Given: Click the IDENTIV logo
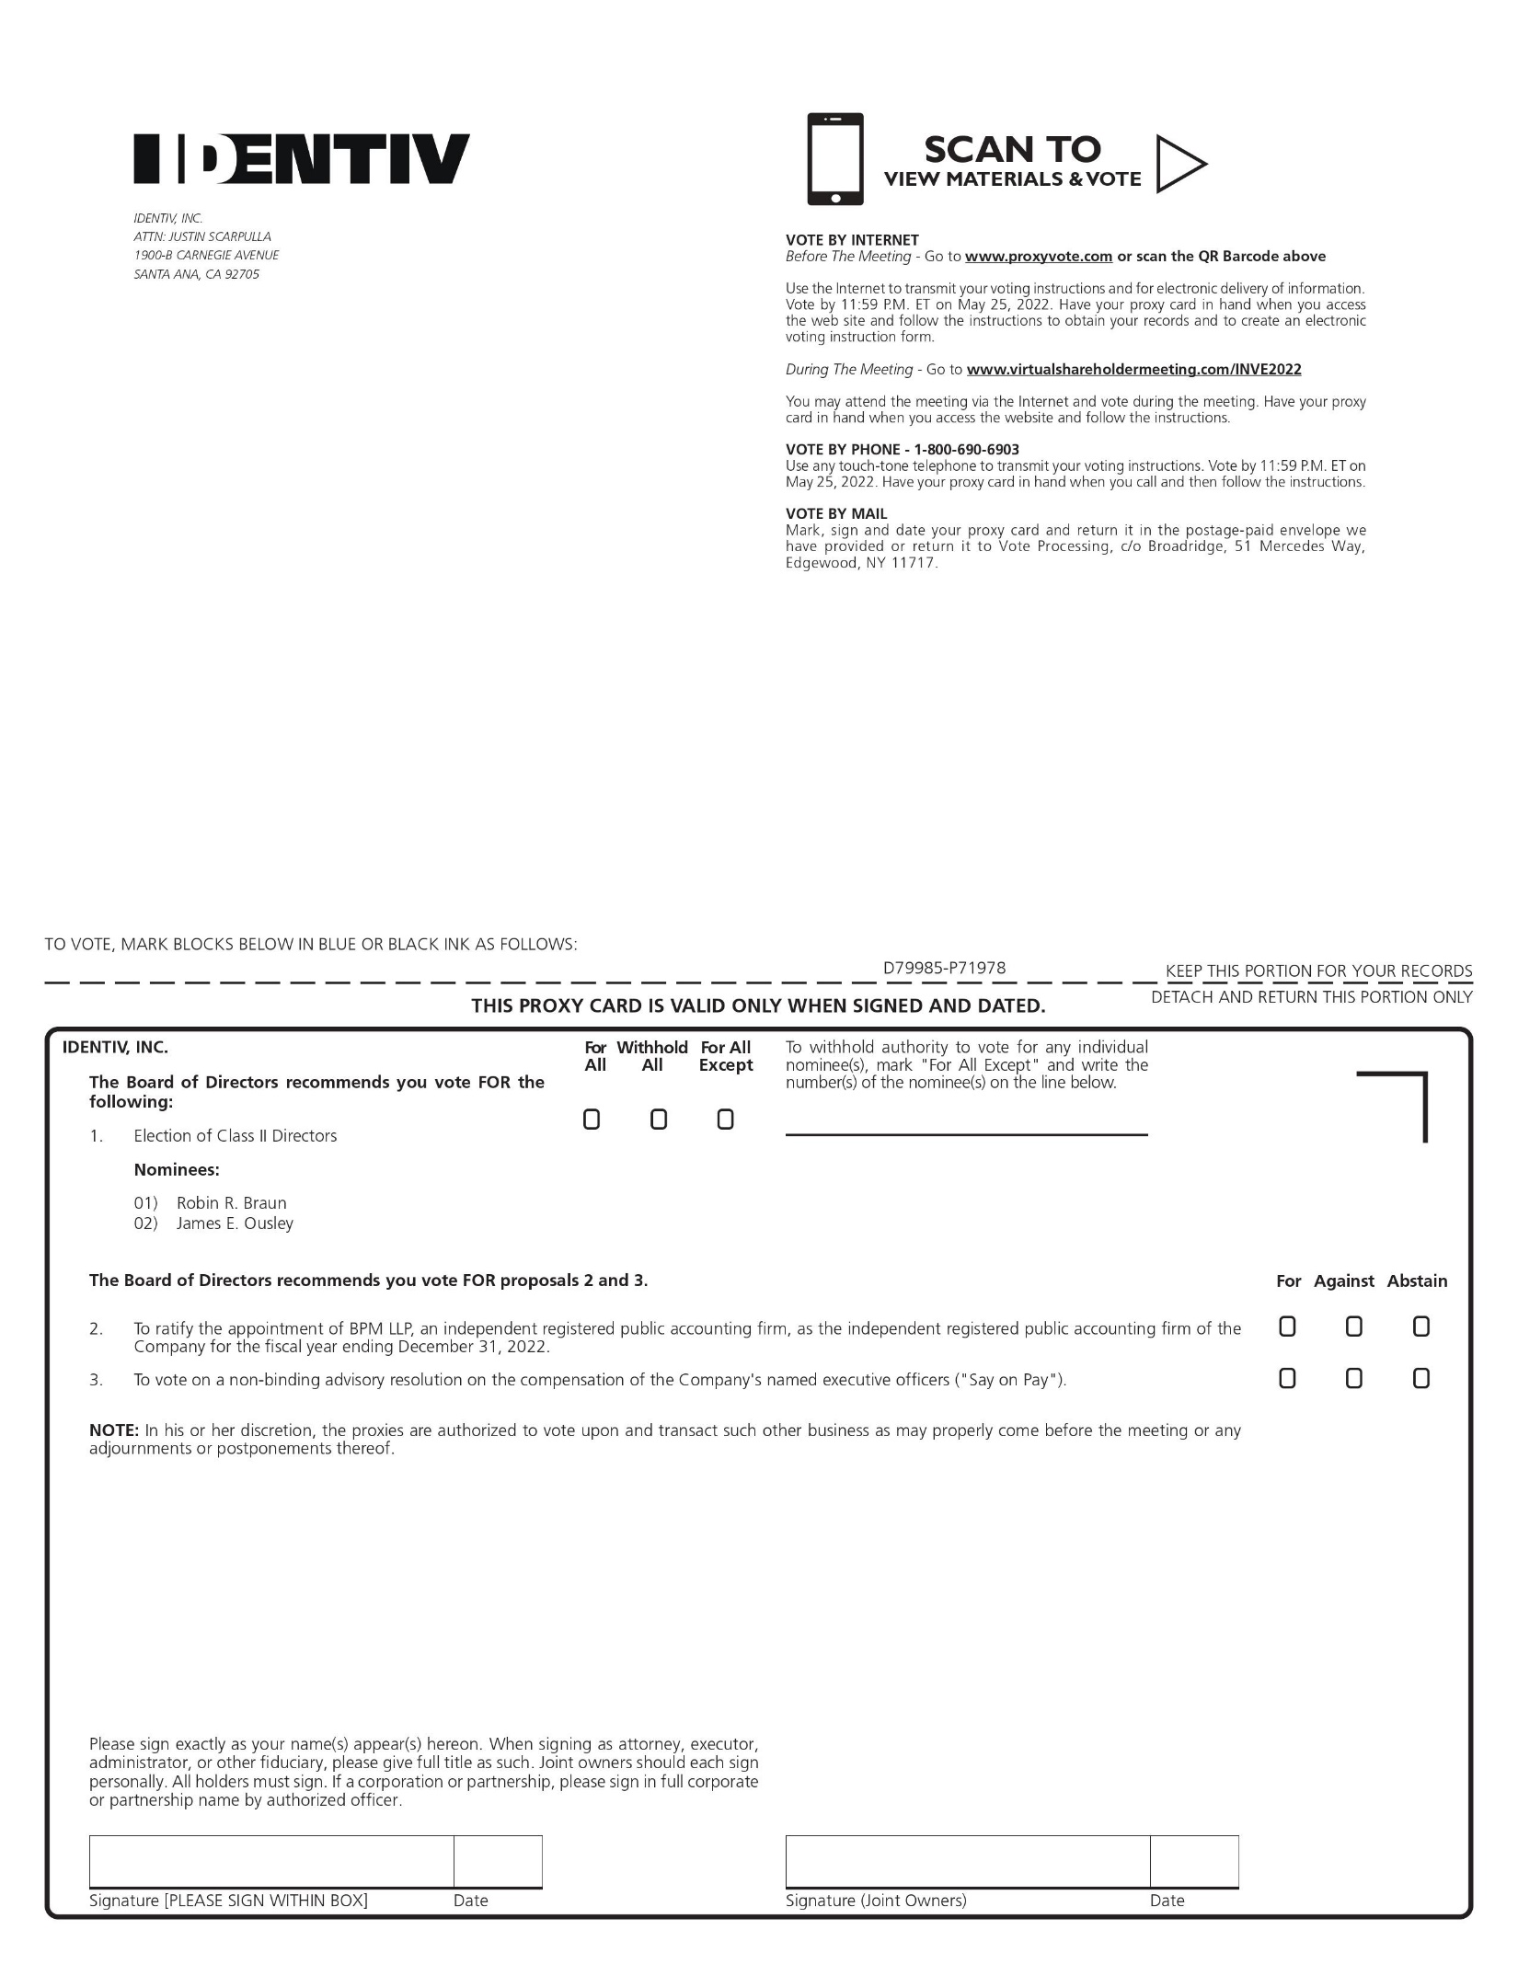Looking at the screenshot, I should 301,159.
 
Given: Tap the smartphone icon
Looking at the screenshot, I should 834,159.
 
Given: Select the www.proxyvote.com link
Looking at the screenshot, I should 1038,257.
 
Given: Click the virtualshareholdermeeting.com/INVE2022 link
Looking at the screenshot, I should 1133,370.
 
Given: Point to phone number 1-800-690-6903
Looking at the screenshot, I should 966,450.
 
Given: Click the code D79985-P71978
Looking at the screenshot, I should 944,968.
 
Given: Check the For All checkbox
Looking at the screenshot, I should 592,1120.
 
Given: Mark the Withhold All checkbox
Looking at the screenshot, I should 659,1120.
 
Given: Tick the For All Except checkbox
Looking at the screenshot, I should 725,1120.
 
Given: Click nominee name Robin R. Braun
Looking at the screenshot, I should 231,1203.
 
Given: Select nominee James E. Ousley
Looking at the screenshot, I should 235,1223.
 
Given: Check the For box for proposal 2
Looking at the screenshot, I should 1287,1327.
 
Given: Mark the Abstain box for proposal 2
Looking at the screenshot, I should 1420,1327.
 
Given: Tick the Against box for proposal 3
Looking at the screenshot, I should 1353,1378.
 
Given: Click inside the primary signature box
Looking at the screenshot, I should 271,1862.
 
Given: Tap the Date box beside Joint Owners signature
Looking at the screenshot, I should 1193,1862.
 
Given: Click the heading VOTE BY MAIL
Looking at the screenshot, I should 835,514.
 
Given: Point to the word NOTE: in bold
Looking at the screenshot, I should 113,1430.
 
